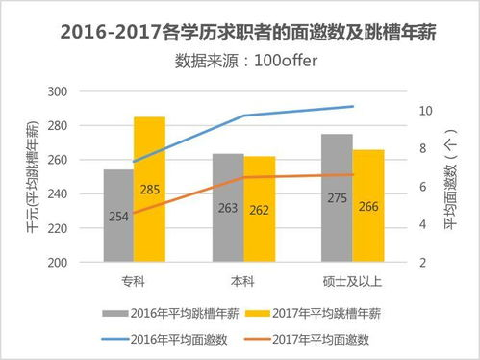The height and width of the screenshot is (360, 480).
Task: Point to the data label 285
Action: coord(149,189)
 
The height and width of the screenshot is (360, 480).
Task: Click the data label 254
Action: coord(118,216)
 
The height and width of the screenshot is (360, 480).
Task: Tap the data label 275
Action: coord(338,198)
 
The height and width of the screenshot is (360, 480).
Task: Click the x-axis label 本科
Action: coord(241,281)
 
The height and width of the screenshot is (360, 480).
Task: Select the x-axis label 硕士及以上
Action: coord(352,281)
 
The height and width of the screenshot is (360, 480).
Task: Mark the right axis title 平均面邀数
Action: coord(451,183)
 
